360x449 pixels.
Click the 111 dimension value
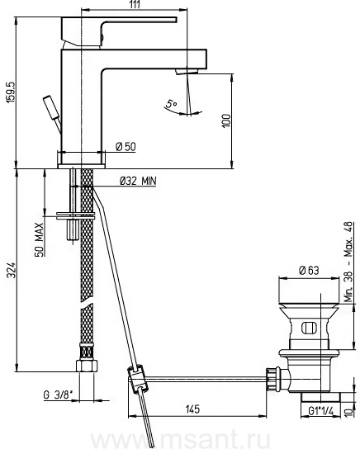coord(135,5)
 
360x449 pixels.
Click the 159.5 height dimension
coord(12,92)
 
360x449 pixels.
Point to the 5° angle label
coord(172,103)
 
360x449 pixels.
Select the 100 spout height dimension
coord(226,121)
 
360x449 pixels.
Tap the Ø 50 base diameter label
coord(126,147)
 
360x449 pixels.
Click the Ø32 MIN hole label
coord(138,181)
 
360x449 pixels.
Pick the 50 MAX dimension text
coord(40,239)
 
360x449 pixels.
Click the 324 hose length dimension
coord(12,270)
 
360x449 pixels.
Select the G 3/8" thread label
coord(58,395)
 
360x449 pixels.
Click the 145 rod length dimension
coord(192,409)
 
